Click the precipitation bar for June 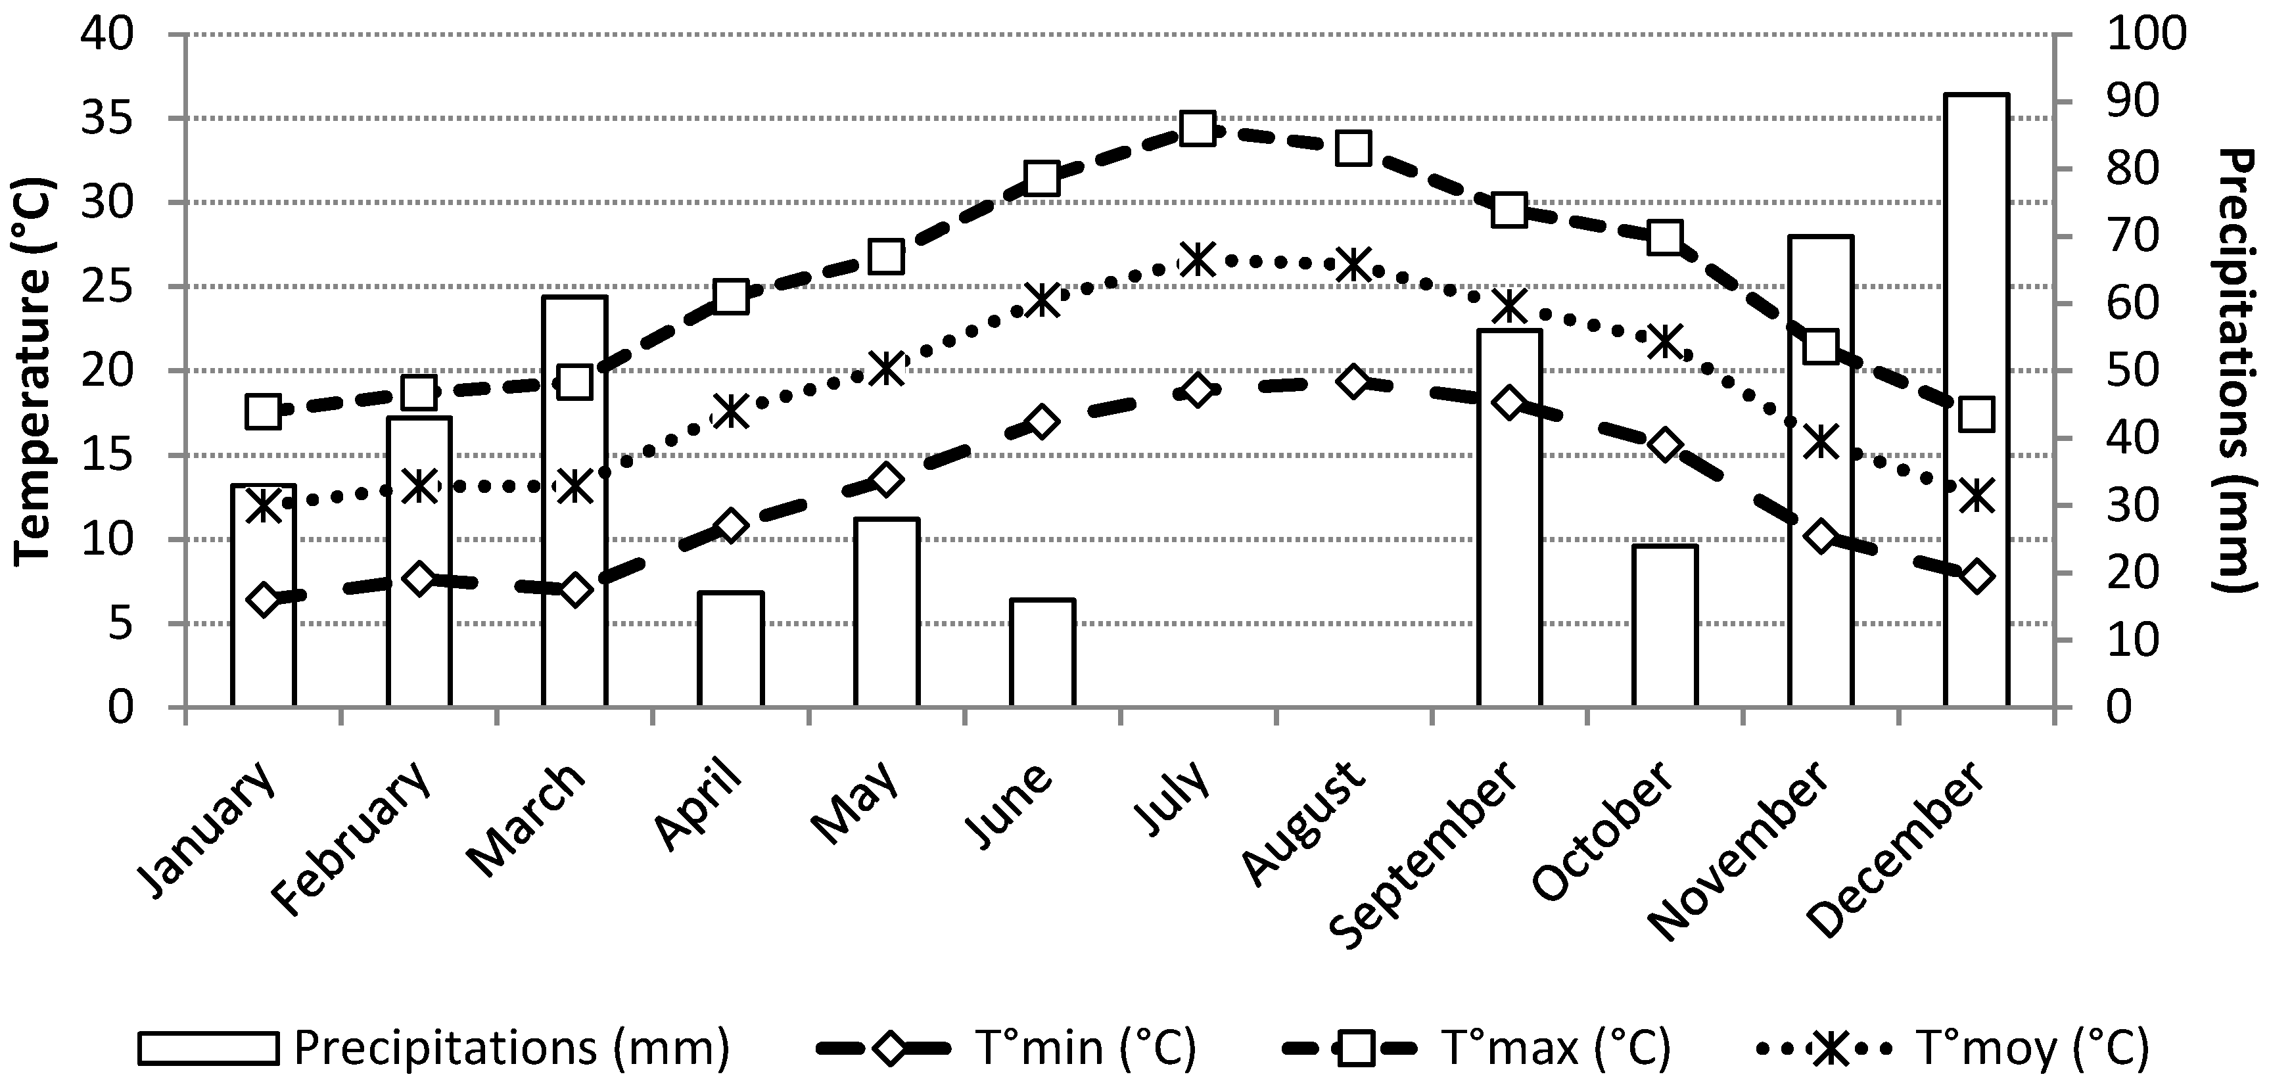click(1042, 653)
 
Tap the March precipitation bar click(574, 502)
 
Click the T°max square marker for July click(1198, 129)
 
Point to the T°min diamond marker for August click(1354, 381)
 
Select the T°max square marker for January click(264, 411)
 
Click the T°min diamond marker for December click(1976, 576)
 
